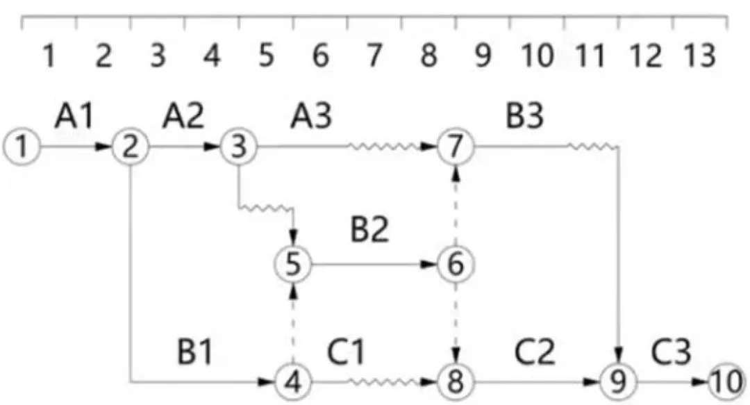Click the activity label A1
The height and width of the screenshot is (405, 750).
click(74, 116)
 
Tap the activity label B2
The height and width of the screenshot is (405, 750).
click(369, 229)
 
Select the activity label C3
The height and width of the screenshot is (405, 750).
click(671, 352)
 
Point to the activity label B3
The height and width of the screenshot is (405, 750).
click(525, 116)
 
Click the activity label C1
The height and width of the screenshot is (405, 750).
click(346, 352)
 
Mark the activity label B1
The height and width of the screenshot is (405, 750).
click(194, 352)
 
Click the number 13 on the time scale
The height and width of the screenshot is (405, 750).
click(700, 55)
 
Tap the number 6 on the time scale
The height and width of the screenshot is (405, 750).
click(320, 55)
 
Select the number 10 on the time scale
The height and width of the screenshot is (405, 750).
click(537, 55)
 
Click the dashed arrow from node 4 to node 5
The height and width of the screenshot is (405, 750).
click(293, 323)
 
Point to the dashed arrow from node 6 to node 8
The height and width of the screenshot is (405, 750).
click(456, 323)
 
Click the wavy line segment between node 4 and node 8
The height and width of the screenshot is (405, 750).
click(385, 381)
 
